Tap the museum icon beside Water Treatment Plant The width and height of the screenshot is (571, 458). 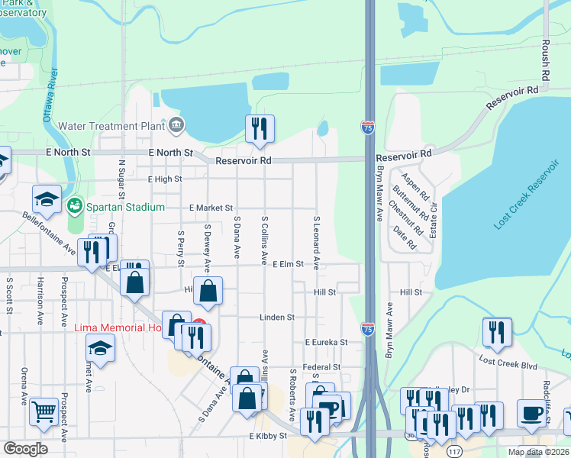(177, 124)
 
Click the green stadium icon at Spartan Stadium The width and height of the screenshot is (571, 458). (75, 206)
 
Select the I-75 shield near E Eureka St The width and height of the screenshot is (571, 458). (368, 329)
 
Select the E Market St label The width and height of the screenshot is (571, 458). (211, 208)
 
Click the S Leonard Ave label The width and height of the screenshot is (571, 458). (315, 241)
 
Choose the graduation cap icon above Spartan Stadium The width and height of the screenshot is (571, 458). (47, 198)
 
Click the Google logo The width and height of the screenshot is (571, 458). (26, 449)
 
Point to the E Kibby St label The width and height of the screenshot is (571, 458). (267, 436)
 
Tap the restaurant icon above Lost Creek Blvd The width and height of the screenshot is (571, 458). (496, 331)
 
